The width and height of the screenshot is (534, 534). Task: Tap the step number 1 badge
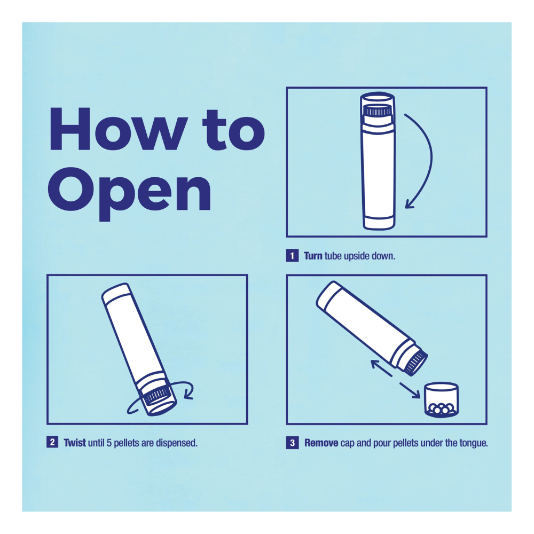[292, 255]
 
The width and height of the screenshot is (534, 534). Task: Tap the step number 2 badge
[52, 442]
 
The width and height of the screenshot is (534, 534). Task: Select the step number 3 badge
[292, 443]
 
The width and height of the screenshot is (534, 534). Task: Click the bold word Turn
[313, 256]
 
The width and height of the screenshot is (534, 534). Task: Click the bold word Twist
[75, 443]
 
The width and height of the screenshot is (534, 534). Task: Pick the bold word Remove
[321, 443]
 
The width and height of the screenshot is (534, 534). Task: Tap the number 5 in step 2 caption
[109, 443]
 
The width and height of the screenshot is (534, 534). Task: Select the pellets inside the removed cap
[442, 409]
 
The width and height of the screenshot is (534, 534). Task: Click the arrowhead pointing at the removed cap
[415, 394]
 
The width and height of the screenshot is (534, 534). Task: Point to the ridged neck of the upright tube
[378, 111]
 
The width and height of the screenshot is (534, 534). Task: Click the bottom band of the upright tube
[379, 222]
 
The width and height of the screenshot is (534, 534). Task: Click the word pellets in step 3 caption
[406, 443]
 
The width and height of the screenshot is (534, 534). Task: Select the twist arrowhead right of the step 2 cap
[189, 395]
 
